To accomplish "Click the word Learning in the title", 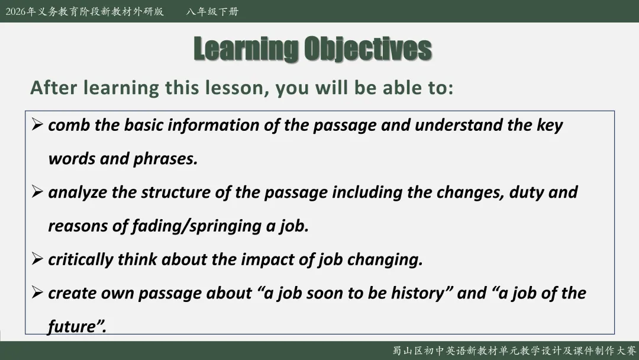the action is click(246, 49).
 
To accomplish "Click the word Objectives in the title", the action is click(368, 49).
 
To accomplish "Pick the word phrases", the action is click(166, 159).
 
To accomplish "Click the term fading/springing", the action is click(196, 226).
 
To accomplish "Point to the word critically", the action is click(80, 260).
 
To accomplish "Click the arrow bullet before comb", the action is click(37, 124).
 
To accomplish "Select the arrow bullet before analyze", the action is click(37, 192).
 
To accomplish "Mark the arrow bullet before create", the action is click(37, 292).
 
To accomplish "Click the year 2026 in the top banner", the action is click(16, 11).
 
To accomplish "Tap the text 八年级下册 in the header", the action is click(212, 11).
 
